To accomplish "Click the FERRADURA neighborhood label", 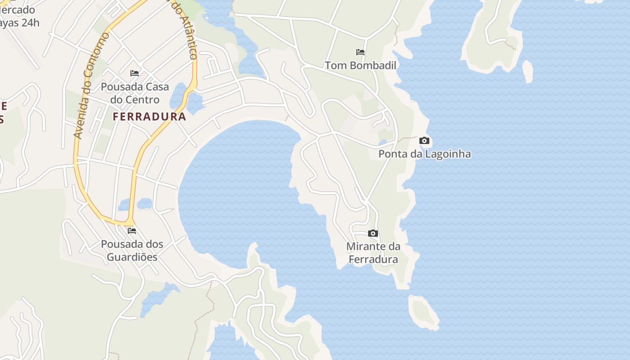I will pyautogui.click(x=149, y=117).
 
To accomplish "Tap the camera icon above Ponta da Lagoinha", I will pyautogui.click(x=424, y=141).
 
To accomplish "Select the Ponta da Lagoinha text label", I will pyautogui.click(x=424, y=154).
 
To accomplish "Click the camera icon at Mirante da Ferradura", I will pyautogui.click(x=373, y=233).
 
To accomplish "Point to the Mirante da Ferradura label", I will pyautogui.click(x=373, y=253).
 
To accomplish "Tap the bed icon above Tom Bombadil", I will pyautogui.click(x=360, y=52).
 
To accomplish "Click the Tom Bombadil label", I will pyautogui.click(x=360, y=66).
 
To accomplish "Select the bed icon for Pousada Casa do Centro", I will pyautogui.click(x=134, y=73).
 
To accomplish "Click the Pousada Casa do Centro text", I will pyautogui.click(x=135, y=93).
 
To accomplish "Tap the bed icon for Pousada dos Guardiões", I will pyautogui.click(x=131, y=231).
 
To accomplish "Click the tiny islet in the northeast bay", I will pyautogui.click(x=527, y=71).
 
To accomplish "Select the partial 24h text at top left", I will pyautogui.click(x=20, y=22).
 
